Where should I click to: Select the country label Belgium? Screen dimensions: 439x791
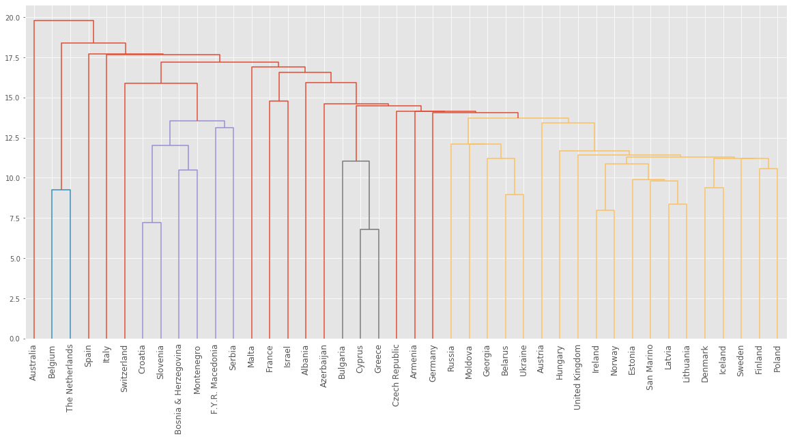52,359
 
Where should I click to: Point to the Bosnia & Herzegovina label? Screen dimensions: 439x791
179,388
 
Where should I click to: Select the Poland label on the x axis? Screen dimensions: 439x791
777,358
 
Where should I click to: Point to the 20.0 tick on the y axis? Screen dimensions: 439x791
13,17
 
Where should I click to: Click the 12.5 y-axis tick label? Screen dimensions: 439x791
13,138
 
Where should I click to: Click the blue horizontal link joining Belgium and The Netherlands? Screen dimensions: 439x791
61,190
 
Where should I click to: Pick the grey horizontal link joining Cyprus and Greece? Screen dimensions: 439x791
369,229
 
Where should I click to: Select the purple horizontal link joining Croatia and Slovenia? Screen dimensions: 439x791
152,223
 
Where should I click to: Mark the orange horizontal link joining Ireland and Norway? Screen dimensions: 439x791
605,210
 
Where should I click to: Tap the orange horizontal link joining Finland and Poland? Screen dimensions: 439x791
768,169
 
